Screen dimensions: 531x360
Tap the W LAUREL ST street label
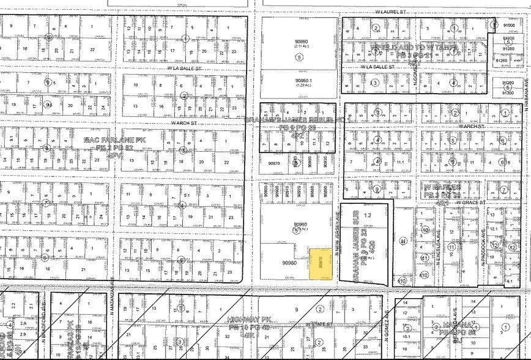(x=392, y=11)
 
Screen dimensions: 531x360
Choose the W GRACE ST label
(x=464, y=202)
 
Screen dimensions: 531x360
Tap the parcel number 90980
(x=289, y=263)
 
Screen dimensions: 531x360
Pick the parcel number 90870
(x=274, y=163)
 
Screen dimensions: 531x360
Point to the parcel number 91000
(x=508, y=25)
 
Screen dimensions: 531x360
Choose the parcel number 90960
(x=299, y=225)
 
